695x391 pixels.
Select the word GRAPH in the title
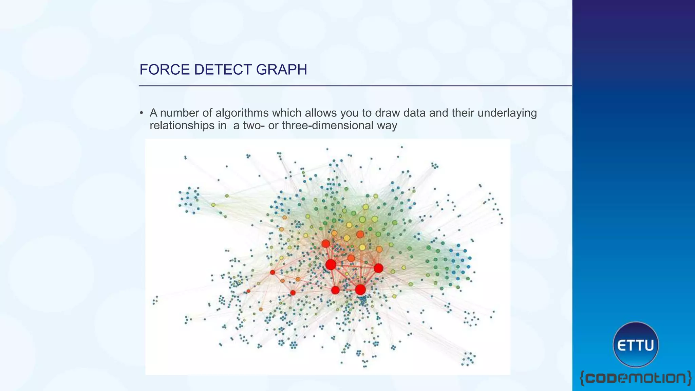pyautogui.click(x=281, y=70)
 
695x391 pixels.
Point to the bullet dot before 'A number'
pyautogui.click(x=142, y=113)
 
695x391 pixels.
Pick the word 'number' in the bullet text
pyautogui.click(x=179, y=113)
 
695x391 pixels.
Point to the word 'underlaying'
pyautogui.click(x=507, y=113)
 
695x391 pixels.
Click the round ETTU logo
pyautogui.click(x=635, y=345)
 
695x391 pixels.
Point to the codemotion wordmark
pyautogui.click(x=635, y=378)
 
